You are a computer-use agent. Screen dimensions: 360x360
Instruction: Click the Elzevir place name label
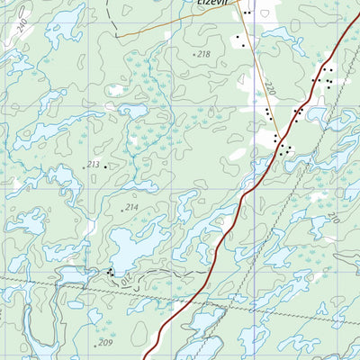pyautogui.click(x=213, y=4)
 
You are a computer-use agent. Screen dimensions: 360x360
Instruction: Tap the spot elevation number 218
pyautogui.click(x=202, y=55)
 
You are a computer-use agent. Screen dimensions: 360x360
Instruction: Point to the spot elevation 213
pyautogui.click(x=93, y=165)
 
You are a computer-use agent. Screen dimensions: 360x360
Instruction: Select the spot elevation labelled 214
pyautogui.click(x=131, y=208)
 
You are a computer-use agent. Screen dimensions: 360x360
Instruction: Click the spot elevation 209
pyautogui.click(x=105, y=343)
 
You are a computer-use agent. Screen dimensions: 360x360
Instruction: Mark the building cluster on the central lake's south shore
pyautogui.click(x=110, y=271)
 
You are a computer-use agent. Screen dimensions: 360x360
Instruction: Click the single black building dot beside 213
pyautogui.click(x=105, y=166)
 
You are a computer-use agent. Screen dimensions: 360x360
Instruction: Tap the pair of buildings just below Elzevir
pyautogui.click(x=240, y=40)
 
